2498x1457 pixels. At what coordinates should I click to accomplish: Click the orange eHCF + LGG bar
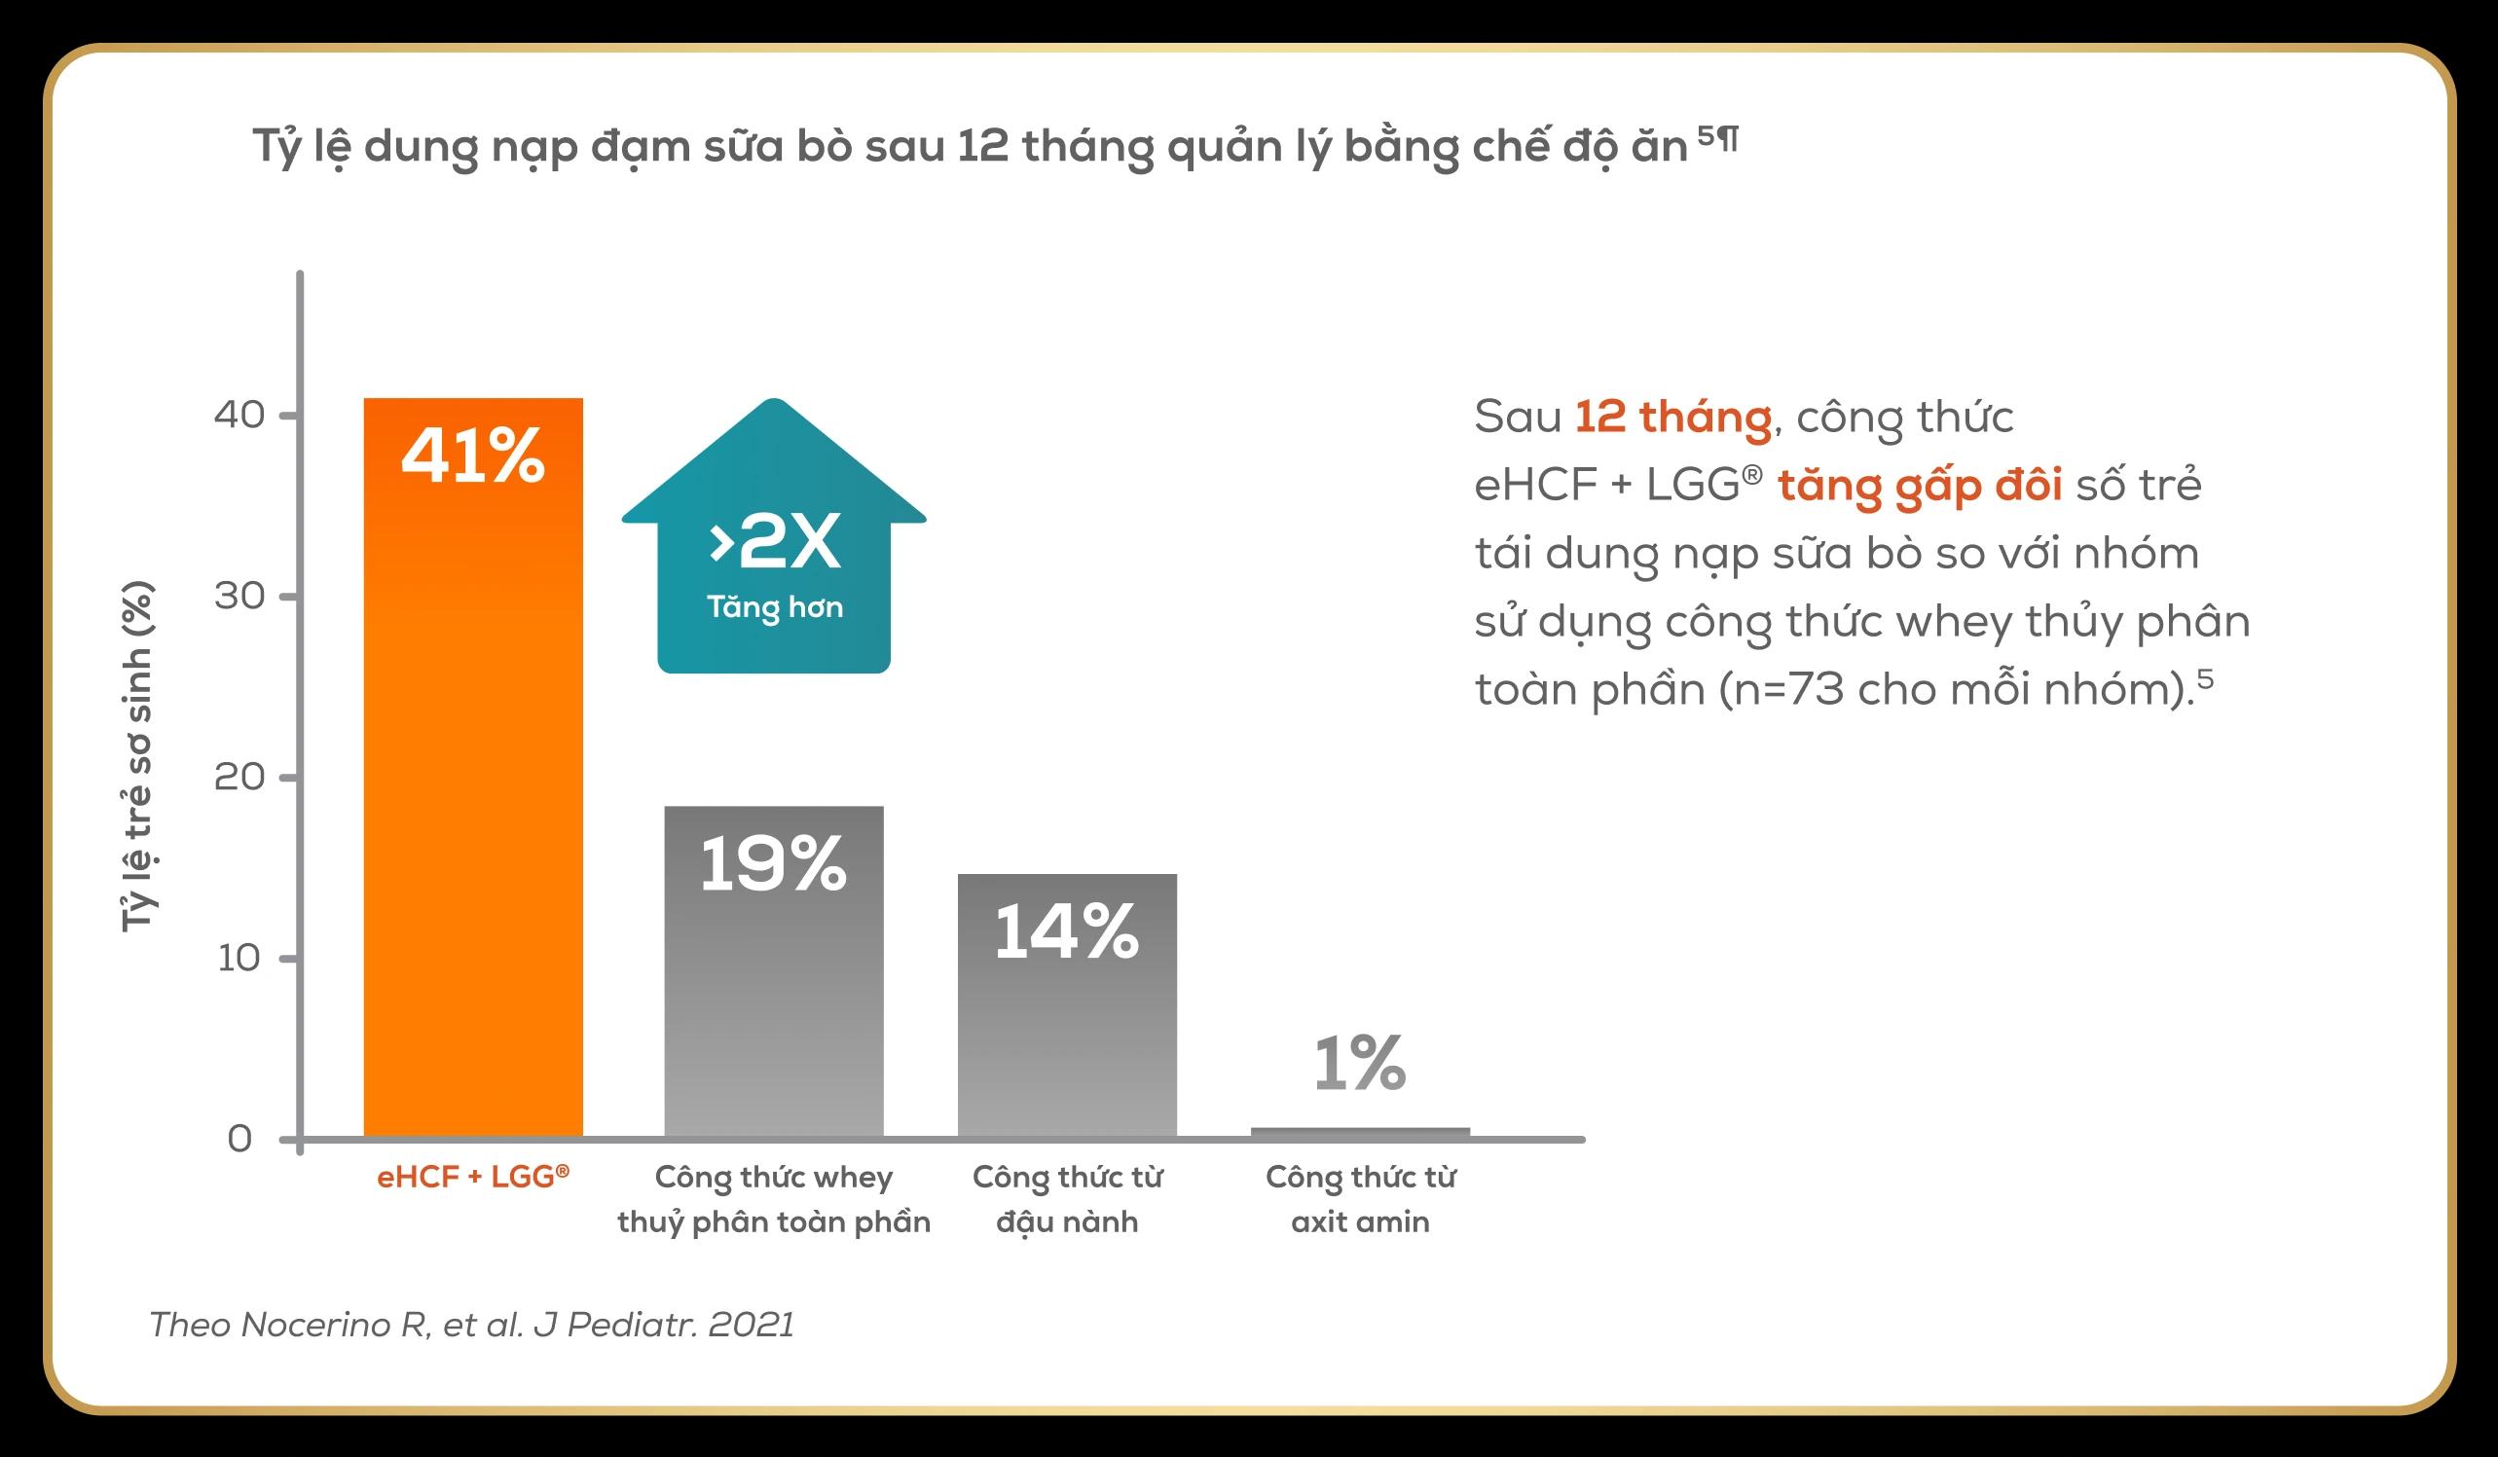[473, 793]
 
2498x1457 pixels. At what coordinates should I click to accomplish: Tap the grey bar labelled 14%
[1067, 1031]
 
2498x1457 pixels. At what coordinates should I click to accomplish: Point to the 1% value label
[1360, 1064]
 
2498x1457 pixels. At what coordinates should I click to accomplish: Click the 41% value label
[473, 455]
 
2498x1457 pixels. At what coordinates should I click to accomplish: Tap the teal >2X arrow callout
[774, 555]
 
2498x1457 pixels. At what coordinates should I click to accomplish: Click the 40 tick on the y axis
[239, 415]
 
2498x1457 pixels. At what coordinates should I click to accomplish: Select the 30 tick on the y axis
[239, 596]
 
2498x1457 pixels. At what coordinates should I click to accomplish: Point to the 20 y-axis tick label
[239, 777]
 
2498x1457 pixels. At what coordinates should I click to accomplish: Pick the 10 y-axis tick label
[239, 958]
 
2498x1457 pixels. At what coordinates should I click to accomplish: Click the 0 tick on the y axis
[239, 1139]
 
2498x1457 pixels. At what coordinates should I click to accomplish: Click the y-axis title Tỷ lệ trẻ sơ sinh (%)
[137, 755]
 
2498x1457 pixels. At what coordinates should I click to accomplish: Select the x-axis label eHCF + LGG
[473, 1177]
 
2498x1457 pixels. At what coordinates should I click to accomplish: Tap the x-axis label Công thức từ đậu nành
[1067, 1198]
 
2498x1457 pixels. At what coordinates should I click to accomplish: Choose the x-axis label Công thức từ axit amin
[1360, 1198]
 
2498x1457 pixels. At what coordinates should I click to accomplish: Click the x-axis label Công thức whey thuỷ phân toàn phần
[773, 1198]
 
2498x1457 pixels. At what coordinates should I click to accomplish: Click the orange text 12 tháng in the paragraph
[1672, 417]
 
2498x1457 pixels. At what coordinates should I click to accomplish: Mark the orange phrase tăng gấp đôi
[1919, 486]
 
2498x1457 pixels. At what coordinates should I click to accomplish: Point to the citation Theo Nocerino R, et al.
[471, 1326]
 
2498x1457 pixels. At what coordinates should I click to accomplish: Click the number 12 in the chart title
[982, 147]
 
